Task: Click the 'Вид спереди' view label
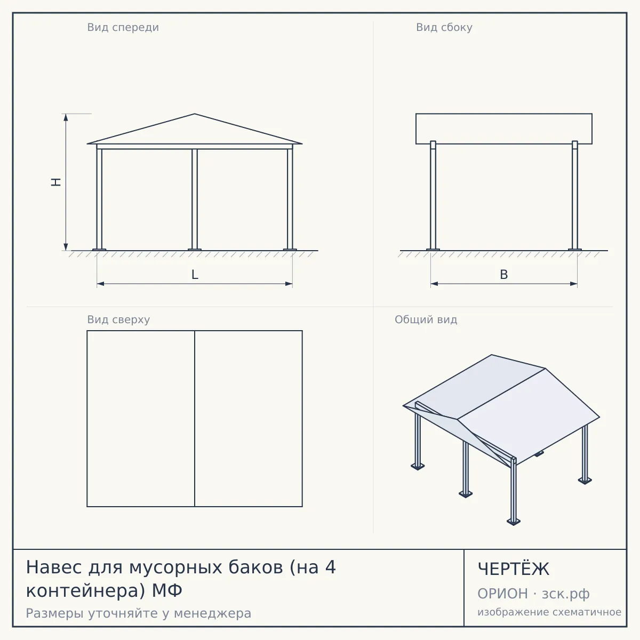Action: pos(123,28)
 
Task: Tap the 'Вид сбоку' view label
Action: pos(444,28)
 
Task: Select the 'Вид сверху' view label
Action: pos(118,319)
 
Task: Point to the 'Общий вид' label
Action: pos(426,319)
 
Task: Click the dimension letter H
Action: pos(56,182)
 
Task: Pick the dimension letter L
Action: pos(195,275)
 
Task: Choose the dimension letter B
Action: pos(504,275)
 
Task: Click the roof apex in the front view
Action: pos(195,114)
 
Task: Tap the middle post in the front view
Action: pos(195,199)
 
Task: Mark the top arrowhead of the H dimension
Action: pos(66,117)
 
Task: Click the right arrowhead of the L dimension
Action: pos(289,284)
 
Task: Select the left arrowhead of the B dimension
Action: pos(434,284)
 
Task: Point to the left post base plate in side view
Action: pos(433,250)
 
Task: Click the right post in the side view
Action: pos(575,195)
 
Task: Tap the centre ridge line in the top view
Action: pos(195,419)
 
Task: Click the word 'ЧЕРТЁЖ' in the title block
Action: pos(514,569)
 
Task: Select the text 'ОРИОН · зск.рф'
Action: pos(533,594)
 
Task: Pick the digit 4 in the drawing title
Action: pos(331,567)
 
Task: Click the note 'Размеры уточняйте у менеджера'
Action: pos(139,613)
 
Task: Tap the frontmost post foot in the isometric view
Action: pos(514,522)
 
